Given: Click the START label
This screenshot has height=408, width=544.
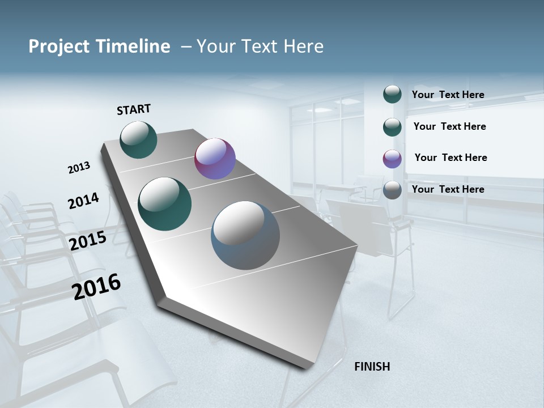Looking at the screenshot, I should click(x=134, y=109).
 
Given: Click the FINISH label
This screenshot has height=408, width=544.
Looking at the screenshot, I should click(x=372, y=367).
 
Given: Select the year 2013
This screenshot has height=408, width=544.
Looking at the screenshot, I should click(x=79, y=168).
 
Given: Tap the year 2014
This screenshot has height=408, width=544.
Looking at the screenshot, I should click(x=83, y=201).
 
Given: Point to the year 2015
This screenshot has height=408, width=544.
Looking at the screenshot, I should click(x=88, y=241).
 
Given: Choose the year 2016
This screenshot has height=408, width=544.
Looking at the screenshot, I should click(x=97, y=287).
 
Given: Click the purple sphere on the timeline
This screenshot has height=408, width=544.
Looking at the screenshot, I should click(x=215, y=159).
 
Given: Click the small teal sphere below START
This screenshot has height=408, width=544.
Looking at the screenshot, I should click(x=138, y=139).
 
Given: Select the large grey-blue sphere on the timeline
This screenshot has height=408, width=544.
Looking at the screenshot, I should click(x=245, y=235).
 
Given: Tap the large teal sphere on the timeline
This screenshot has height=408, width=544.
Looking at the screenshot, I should click(x=165, y=204).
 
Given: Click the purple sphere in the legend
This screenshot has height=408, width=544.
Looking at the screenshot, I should click(x=392, y=159).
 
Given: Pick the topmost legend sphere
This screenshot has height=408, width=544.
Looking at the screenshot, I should click(x=392, y=94).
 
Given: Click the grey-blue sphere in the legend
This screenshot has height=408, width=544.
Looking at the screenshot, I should click(x=392, y=190).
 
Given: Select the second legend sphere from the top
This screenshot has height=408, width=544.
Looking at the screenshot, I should click(x=392, y=127).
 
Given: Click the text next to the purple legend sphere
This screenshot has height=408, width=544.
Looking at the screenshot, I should click(x=450, y=158).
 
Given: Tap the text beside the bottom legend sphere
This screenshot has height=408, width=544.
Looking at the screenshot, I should click(x=448, y=189).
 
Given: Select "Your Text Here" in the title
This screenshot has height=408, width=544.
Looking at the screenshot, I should click(x=260, y=46).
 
